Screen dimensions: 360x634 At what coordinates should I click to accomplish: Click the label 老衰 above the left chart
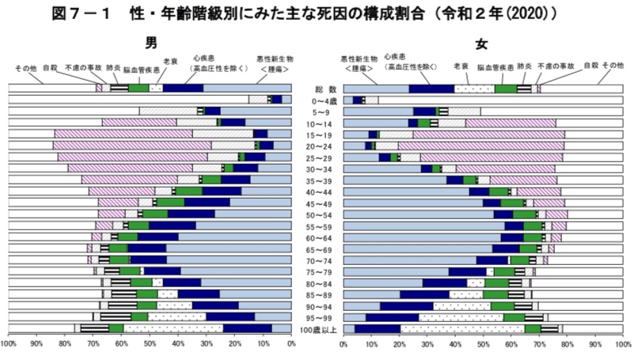tap(169, 61)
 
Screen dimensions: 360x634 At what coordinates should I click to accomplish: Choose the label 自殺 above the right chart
tap(590, 65)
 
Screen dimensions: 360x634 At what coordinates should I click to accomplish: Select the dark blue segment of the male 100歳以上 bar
tap(248, 328)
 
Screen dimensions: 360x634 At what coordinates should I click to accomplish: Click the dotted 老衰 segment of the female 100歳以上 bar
tap(462, 328)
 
